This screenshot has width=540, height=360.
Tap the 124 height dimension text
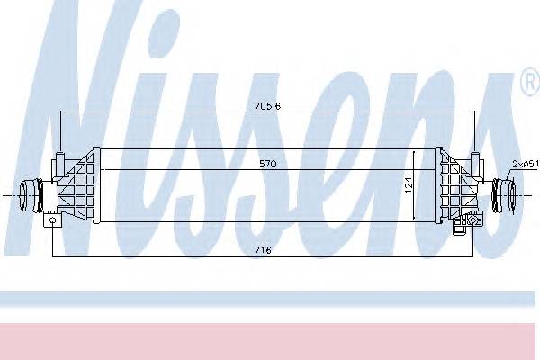point(407,185)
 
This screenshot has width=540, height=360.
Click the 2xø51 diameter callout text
point(524,163)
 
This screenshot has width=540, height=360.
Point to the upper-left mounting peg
point(59,162)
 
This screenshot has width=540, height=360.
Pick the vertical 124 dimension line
point(415,185)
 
